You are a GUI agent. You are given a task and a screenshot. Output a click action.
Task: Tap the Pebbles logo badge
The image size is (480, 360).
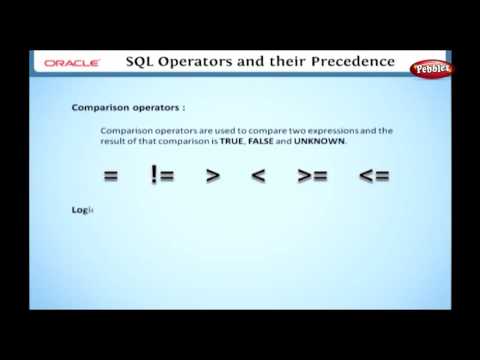[x=433, y=68]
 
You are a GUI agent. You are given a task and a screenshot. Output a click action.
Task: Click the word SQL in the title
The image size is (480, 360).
[x=144, y=62]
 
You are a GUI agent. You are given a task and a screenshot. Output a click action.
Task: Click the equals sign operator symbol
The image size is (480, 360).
[x=110, y=175]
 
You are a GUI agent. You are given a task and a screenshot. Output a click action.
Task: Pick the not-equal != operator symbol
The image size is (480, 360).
[x=162, y=175]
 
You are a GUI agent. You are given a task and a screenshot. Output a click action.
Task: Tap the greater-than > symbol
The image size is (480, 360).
[x=213, y=175]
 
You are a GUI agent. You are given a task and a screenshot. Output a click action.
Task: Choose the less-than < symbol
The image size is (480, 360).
[x=259, y=175]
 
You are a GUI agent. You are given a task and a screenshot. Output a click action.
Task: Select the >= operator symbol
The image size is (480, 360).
[x=312, y=175]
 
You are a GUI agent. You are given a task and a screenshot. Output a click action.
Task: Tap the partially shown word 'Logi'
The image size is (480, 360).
[x=81, y=208]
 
